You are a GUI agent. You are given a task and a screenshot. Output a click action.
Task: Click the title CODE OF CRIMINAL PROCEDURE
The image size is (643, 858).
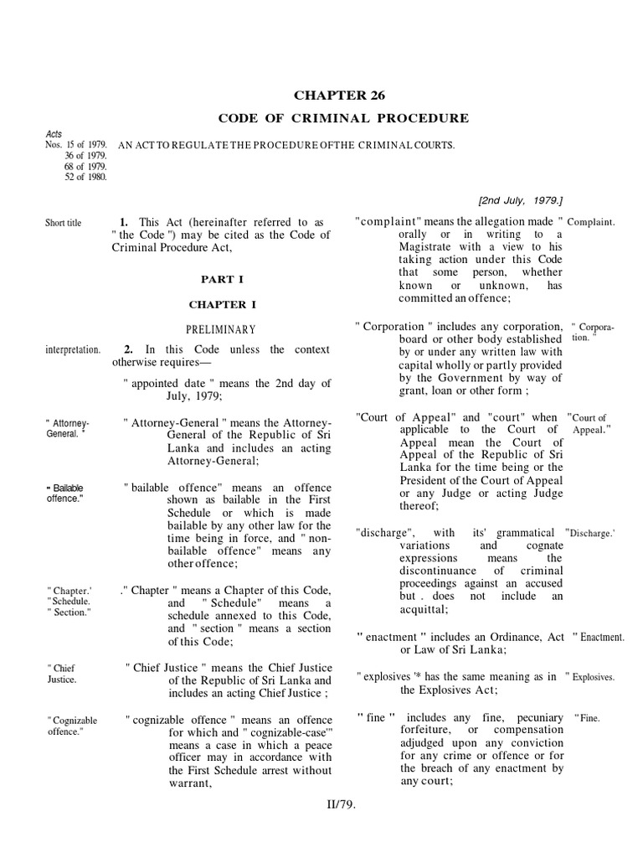coord(344,118)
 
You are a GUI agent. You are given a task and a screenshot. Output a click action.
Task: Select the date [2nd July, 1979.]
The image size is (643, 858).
coord(520,200)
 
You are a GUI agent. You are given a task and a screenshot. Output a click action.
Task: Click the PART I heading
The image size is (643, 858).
coord(222,278)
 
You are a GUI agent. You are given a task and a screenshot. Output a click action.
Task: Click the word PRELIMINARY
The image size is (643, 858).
coord(222,329)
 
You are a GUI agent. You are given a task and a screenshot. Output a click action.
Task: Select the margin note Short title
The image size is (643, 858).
coord(63,223)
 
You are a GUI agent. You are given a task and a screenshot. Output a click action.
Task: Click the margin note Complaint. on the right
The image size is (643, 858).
coord(591,222)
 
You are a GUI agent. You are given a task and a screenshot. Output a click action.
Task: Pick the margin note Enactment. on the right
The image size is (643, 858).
coord(599,638)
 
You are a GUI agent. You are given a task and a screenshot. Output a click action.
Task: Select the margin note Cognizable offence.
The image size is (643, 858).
coord(73,726)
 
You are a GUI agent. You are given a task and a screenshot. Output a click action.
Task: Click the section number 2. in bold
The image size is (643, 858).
coord(128,349)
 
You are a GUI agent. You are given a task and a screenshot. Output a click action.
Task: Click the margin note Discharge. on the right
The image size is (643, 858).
coord(591,532)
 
